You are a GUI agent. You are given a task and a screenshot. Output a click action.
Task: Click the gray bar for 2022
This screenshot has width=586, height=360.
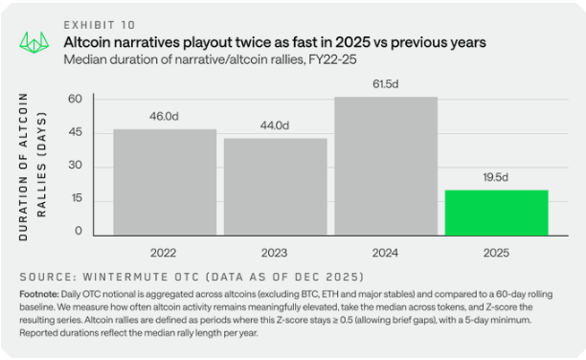point(165,182)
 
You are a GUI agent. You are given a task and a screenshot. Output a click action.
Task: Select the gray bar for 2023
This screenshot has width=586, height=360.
point(276,187)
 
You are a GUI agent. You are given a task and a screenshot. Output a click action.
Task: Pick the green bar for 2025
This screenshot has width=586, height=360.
point(496,212)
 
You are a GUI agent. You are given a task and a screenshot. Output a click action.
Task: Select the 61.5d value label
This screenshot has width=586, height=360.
point(386,84)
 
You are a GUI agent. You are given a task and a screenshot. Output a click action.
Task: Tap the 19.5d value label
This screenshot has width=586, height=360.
point(496,177)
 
